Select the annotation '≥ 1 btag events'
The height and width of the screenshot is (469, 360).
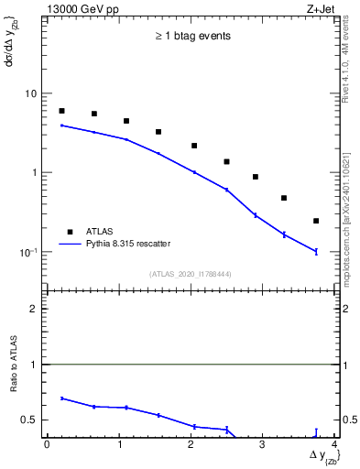(191, 37)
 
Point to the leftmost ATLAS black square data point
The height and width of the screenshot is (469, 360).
(61, 111)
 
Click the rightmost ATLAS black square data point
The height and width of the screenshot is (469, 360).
(316, 221)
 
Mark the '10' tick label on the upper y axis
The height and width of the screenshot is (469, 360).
(30, 93)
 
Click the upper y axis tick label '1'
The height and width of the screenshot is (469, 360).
(34, 172)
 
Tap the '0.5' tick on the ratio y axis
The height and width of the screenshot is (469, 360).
(29, 420)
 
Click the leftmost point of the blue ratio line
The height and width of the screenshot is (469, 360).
(61, 398)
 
